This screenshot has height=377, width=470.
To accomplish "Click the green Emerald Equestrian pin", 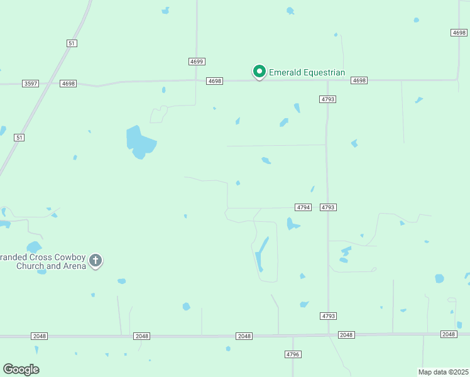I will [x=259, y=72].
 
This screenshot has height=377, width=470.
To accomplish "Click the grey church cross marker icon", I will [x=96, y=260].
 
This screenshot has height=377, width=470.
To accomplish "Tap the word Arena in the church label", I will [x=77, y=266].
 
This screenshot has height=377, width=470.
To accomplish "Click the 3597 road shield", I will [x=30, y=84].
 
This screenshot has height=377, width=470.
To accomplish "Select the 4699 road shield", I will [x=197, y=62].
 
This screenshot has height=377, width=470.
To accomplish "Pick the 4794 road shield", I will [x=303, y=207].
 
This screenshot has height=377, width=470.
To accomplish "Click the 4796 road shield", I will [x=293, y=354].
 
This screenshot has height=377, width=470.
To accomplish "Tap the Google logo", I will [x=21, y=369].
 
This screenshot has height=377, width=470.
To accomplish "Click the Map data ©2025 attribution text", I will [x=444, y=372].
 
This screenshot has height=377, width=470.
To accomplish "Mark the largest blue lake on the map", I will [x=139, y=142].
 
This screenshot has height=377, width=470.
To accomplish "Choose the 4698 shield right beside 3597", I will [x=68, y=84].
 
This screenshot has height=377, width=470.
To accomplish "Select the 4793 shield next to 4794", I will [x=327, y=207].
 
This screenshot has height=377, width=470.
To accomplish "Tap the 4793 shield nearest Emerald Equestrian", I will [x=327, y=99].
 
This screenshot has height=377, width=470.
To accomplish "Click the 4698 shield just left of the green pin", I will [x=215, y=81].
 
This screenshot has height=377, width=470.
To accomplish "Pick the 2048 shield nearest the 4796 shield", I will [x=244, y=336].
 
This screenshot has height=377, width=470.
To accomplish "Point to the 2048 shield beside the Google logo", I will [x=39, y=336].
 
